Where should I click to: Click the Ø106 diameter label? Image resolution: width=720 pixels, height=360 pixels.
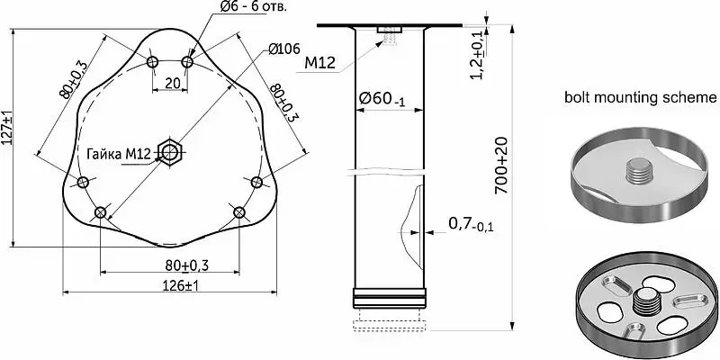click(283, 49)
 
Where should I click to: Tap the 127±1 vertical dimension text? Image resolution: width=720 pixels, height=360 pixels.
click(6, 128)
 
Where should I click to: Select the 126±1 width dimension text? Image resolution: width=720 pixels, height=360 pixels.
click(181, 285)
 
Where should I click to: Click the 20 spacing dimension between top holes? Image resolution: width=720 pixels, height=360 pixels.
click(172, 83)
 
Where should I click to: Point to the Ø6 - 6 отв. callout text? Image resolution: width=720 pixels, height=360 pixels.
click(254, 6)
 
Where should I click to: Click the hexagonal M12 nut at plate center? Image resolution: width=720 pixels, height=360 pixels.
click(170, 151)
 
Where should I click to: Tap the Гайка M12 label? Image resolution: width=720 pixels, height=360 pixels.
click(119, 154)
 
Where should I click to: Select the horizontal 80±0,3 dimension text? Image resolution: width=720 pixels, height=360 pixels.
click(186, 265)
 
